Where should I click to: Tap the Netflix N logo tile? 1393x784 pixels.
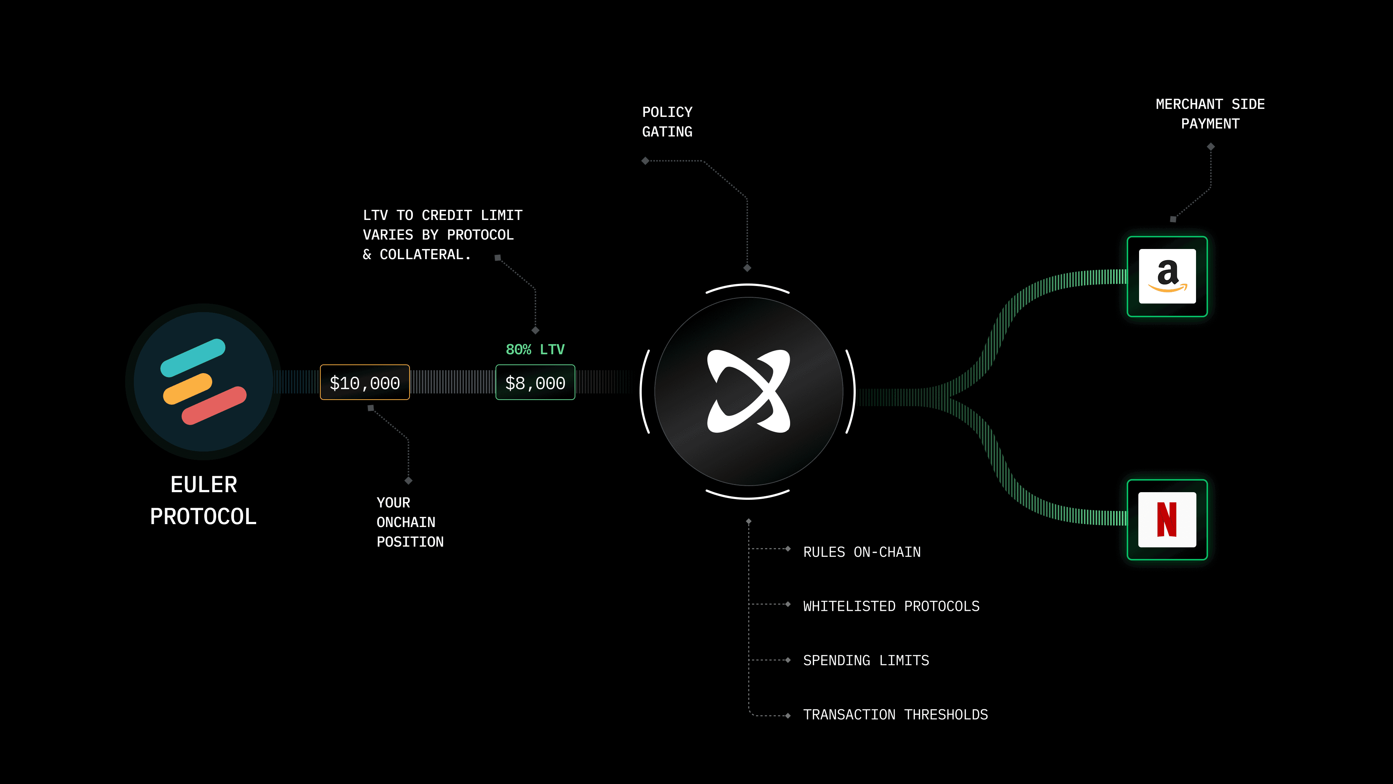(1167, 519)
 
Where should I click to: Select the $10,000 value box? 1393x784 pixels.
(365, 383)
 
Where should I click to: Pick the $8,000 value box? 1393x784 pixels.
(535, 383)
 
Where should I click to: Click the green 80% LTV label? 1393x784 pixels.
(535, 350)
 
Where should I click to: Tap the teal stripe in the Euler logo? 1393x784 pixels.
(193, 357)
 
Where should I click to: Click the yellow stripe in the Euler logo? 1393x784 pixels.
(187, 388)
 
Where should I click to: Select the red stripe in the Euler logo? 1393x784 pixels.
(214, 405)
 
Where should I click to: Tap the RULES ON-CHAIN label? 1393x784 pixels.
(862, 552)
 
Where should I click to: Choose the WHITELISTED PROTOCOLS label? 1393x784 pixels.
(891, 606)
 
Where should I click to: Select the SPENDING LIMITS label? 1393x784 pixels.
(866, 660)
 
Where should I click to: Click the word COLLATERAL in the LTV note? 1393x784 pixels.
(422, 255)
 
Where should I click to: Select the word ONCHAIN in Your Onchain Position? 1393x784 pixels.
(406, 522)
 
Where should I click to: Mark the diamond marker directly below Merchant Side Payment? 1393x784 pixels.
(1211, 147)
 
